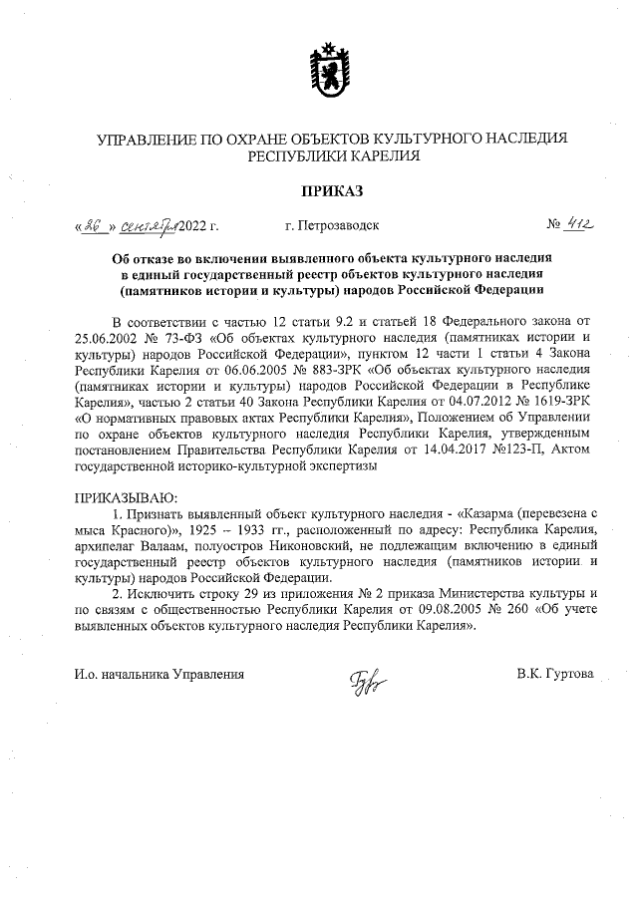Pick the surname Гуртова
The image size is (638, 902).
tap(570, 674)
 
